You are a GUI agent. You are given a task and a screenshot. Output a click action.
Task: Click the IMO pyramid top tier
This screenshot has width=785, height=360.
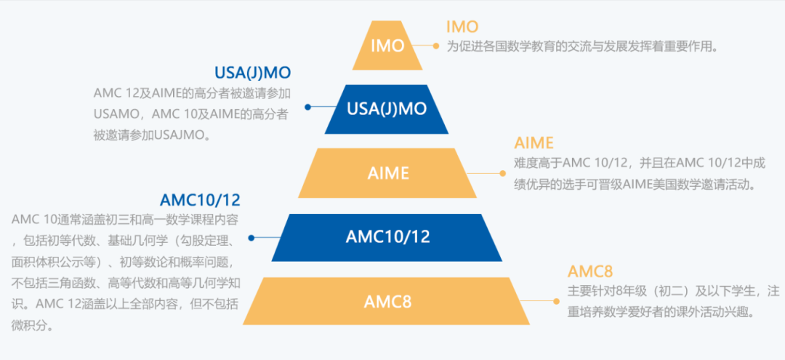pos(387,46)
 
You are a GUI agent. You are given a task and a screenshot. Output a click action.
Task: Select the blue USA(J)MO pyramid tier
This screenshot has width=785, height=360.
pos(387,109)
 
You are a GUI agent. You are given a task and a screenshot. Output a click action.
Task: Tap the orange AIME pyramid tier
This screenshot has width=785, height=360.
pos(387,173)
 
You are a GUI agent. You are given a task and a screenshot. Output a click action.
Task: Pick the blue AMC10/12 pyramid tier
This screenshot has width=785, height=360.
pos(387,237)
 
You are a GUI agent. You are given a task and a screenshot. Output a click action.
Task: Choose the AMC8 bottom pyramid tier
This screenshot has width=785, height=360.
pos(387,300)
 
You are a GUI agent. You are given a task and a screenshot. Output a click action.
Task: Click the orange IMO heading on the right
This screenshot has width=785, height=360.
pos(462,27)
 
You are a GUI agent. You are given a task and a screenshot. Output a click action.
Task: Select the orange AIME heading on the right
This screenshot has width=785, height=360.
pos(534,143)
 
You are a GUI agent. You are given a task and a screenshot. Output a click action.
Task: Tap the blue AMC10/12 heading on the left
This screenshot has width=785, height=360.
pos(200,200)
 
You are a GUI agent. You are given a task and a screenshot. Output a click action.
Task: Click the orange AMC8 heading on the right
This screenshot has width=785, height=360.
pos(590,271)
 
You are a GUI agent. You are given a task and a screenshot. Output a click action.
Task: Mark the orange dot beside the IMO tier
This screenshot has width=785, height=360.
pos(436,46)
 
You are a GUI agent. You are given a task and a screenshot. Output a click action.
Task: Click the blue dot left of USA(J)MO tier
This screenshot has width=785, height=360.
pos(308,107)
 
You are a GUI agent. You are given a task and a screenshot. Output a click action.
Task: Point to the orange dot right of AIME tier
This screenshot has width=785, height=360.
pos(501,173)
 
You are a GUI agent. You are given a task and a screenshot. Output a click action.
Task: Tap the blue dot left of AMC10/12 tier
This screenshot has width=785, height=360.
pos(251,238)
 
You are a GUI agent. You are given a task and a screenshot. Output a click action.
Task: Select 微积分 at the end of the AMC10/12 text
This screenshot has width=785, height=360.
pos(34,326)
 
